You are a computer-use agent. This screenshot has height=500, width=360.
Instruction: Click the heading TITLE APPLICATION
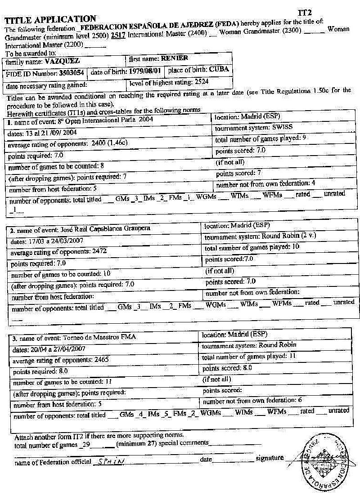(50, 19)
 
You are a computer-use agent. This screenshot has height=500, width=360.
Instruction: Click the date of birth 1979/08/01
(146, 71)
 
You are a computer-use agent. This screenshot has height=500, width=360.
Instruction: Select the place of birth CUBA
(219, 70)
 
